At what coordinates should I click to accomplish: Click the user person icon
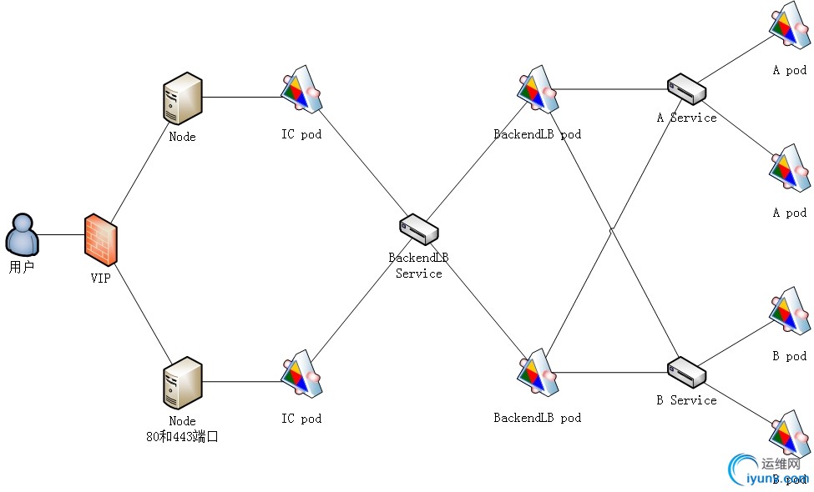[x=22, y=234]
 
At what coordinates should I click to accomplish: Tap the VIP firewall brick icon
[x=100, y=239]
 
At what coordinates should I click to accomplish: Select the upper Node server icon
[x=182, y=98]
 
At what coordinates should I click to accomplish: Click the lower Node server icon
[x=182, y=383]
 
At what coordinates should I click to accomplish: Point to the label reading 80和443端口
[x=182, y=435]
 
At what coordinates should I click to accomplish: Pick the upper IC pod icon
[x=301, y=89]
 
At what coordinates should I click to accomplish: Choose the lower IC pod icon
[x=301, y=374]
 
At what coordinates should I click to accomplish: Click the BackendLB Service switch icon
[x=418, y=229]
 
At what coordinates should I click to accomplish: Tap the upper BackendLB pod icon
[x=537, y=90]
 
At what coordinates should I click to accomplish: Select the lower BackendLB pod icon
[x=537, y=373]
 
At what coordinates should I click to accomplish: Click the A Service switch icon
[x=686, y=88]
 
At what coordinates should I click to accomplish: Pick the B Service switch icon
[x=686, y=370]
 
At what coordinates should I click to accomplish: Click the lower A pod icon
[x=789, y=171]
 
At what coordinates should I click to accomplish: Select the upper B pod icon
[x=789, y=313]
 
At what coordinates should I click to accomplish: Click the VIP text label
[x=100, y=279]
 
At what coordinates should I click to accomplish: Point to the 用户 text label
[x=22, y=269]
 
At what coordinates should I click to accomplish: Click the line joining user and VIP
[x=61, y=234]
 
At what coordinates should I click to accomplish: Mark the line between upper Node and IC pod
[x=242, y=97]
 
